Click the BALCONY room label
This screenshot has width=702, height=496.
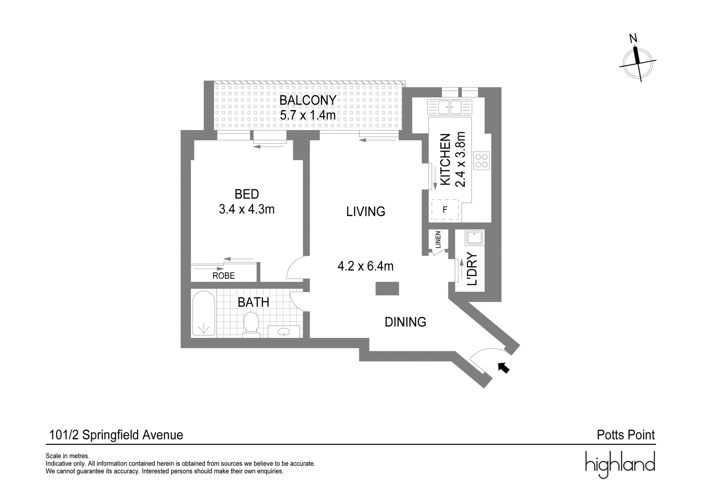pyautogui.click(x=308, y=100)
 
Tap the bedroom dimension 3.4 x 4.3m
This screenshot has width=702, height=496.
pyautogui.click(x=247, y=209)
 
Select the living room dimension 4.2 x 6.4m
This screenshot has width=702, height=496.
pyautogui.click(x=365, y=266)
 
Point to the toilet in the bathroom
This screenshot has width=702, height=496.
pyautogui.click(x=251, y=324)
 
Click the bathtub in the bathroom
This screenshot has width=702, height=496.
pyautogui.click(x=204, y=314)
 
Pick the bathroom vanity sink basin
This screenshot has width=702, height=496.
pyautogui.click(x=284, y=331)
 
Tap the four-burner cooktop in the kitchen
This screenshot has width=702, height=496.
pyautogui.click(x=482, y=160)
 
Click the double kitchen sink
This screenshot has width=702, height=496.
pyautogui.click(x=450, y=107)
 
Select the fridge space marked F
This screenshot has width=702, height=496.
pyautogui.click(x=445, y=210)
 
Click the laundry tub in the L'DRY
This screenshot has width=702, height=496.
pyautogui.click(x=475, y=237)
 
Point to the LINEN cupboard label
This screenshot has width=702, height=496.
pyautogui.click(x=438, y=240)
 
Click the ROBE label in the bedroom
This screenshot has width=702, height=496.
pyautogui.click(x=223, y=276)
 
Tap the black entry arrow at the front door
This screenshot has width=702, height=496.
pyautogui.click(x=504, y=368)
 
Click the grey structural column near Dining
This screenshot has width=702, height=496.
pyautogui.click(x=387, y=288)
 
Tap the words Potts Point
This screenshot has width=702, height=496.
pyautogui.click(x=626, y=435)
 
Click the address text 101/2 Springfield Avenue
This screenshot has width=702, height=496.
pyautogui.click(x=116, y=435)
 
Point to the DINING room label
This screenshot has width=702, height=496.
pyautogui.click(x=405, y=322)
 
